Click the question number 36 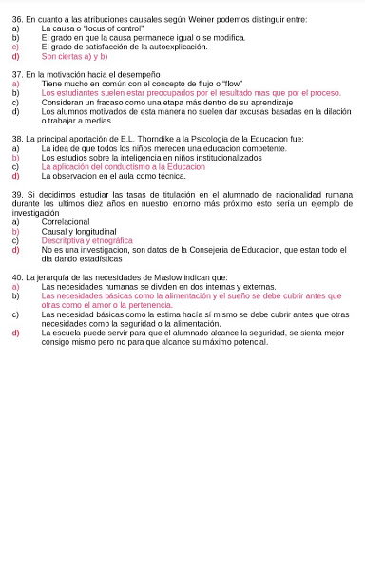[17, 19]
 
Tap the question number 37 [17, 74]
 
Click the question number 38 [17, 139]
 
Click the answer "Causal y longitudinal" [79, 231]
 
